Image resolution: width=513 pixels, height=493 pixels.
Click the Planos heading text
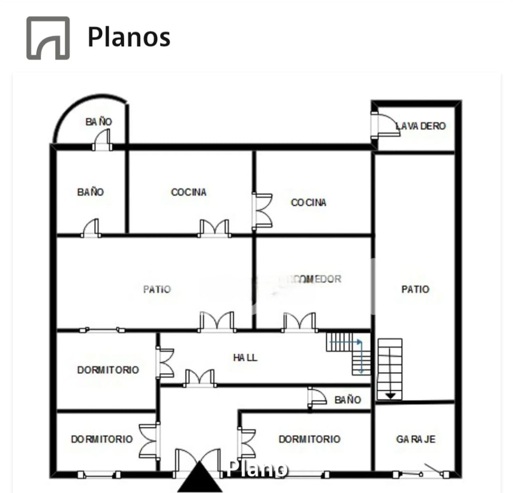click(x=129, y=38)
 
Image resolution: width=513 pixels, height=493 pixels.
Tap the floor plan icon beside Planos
click(x=48, y=38)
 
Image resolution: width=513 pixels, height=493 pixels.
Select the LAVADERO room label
click(x=420, y=126)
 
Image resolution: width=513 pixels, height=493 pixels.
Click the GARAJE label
click(x=415, y=439)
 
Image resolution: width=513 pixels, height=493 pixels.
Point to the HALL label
click(x=245, y=358)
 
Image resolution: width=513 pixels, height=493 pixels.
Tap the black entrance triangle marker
click(x=200, y=478)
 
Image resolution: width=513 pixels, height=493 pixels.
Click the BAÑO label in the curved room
click(x=99, y=122)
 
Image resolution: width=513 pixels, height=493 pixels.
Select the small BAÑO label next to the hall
click(x=347, y=400)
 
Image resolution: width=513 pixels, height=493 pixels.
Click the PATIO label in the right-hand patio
click(x=415, y=290)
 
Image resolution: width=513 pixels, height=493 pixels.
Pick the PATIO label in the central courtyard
click(x=157, y=290)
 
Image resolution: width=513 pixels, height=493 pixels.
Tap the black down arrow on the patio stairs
click(x=390, y=396)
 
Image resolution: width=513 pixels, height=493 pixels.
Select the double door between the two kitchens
click(x=263, y=210)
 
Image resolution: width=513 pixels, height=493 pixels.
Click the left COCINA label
click(x=188, y=192)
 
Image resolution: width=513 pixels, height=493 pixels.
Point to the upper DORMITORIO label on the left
click(x=108, y=370)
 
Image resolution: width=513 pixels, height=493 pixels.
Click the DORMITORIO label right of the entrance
click(x=309, y=439)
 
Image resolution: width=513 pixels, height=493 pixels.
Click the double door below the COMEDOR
click(x=299, y=322)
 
